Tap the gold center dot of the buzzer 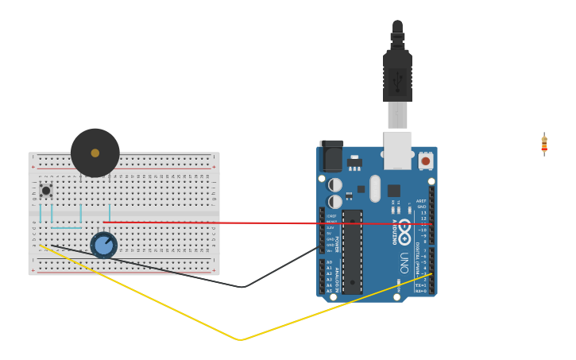(95, 153)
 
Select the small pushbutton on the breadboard (46, 191)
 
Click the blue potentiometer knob (103, 245)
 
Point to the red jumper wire (199, 223)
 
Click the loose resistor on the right (544, 144)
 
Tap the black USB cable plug (397, 75)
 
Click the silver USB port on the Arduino (398, 149)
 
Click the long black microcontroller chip (353, 251)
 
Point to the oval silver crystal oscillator (375, 188)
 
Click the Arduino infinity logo (404, 231)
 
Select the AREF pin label (422, 201)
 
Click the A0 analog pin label (329, 262)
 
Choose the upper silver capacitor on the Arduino (335, 184)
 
